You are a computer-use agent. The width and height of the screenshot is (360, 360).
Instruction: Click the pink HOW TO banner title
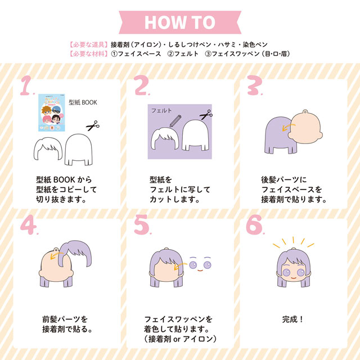180,22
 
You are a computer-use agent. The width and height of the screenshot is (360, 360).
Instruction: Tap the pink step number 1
26,85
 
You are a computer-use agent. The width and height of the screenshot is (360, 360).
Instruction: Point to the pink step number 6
254,224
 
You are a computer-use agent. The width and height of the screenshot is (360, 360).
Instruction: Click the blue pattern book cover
51,112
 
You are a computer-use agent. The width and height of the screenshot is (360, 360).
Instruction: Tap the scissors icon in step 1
93,125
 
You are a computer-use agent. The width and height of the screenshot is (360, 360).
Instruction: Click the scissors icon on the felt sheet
206,115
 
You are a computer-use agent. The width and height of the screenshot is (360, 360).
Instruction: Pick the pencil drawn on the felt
175,121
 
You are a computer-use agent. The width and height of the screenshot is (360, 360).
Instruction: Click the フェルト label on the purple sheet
161,110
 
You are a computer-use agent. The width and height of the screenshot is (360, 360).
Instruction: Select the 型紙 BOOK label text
83,102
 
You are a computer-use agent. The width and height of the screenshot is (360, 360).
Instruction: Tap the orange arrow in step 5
181,266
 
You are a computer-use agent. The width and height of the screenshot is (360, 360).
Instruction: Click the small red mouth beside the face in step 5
200,271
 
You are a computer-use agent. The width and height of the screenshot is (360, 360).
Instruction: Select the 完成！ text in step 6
292,319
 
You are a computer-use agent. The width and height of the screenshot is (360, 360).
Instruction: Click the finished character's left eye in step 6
286,272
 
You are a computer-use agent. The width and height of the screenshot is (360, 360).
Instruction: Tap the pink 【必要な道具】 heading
88,44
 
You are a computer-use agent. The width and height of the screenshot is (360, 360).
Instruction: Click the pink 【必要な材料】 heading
88,54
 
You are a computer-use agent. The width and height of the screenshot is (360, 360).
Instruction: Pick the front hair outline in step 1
48,148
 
